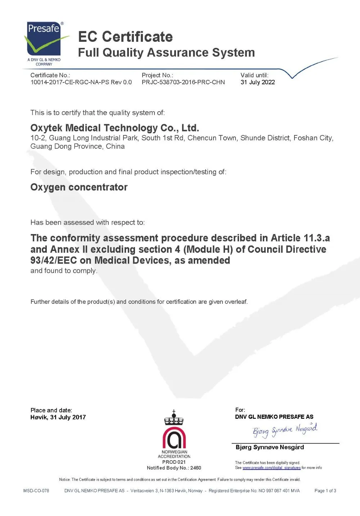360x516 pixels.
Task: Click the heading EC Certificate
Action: coord(125,37)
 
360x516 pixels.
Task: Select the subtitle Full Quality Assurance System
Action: coord(166,53)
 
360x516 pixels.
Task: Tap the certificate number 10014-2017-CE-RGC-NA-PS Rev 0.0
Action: coord(81,82)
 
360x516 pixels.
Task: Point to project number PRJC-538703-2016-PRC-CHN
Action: coord(183,82)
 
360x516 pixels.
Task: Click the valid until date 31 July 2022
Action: coord(257,82)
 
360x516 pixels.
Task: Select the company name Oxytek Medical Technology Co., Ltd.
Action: coord(114,128)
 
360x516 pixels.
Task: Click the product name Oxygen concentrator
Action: coord(79,187)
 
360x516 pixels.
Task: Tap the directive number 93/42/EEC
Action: coord(54,260)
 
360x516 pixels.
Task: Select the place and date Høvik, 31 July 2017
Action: coord(58,417)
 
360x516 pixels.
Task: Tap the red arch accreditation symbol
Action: coord(174,437)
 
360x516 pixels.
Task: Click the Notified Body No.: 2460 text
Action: coord(174,468)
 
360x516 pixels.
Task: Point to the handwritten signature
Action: coord(284,430)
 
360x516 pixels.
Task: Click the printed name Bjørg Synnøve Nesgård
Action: coord(270,447)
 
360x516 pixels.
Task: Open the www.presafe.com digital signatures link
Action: coord(271,468)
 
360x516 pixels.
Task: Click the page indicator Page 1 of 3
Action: coord(325,490)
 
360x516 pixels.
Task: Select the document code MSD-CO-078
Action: coord(36,490)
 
